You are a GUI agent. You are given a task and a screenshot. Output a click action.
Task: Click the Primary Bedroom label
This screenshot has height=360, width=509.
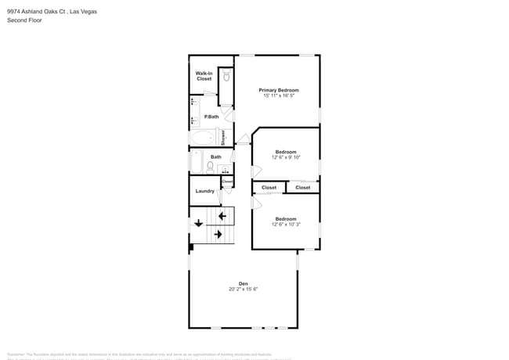coord(279,90)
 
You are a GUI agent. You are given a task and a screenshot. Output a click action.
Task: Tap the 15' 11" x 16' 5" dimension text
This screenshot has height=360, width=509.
coord(279,95)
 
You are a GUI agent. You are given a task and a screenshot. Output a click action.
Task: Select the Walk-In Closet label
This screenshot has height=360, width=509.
coord(204,76)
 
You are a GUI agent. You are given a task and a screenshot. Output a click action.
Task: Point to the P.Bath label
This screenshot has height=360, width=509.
coord(211,117)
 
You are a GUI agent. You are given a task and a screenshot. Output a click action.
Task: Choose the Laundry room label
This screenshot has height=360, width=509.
coord(204,191)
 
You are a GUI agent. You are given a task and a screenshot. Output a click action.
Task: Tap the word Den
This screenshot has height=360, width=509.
coord(243,283)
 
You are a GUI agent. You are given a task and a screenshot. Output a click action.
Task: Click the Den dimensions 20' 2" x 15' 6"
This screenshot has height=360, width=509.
coord(243,289)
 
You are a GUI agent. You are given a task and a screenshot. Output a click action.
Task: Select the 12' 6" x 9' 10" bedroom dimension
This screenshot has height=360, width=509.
coord(286,157)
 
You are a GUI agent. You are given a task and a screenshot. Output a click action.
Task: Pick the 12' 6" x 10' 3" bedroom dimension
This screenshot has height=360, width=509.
coord(286,225)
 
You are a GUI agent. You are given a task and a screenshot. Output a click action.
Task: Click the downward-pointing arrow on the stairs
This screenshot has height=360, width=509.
coord(198,221)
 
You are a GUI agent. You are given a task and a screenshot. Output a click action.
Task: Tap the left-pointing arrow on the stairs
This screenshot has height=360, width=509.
coord(222,215)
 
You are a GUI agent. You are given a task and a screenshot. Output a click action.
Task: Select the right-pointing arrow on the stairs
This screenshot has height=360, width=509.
coord(218,234)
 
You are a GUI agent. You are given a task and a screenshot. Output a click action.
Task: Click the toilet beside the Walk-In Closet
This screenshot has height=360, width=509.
coord(226,76)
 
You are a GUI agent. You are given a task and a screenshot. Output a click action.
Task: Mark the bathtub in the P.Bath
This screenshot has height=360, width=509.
coord(203,138)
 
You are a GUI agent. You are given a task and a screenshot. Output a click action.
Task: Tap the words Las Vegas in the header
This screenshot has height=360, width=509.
coord(83,12)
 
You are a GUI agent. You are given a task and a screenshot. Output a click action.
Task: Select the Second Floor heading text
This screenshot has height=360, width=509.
coord(25,20)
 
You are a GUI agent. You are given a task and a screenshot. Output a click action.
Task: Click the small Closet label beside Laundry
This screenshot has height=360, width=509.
coord(227,182)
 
